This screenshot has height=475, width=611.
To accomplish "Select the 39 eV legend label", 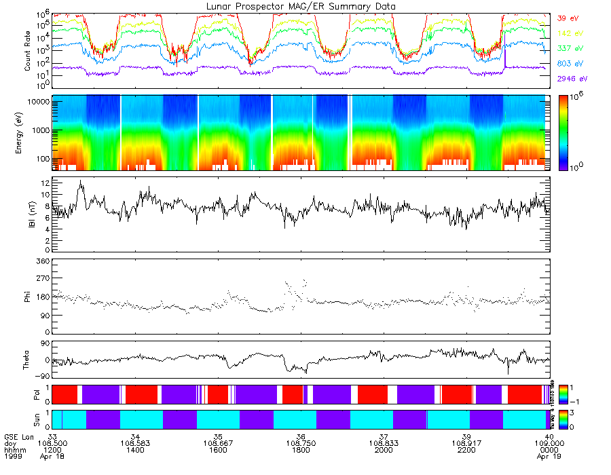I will coord(567,18).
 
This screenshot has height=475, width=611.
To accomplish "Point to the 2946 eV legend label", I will coord(571,79).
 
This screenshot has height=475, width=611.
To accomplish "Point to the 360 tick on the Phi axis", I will coord(43,261).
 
